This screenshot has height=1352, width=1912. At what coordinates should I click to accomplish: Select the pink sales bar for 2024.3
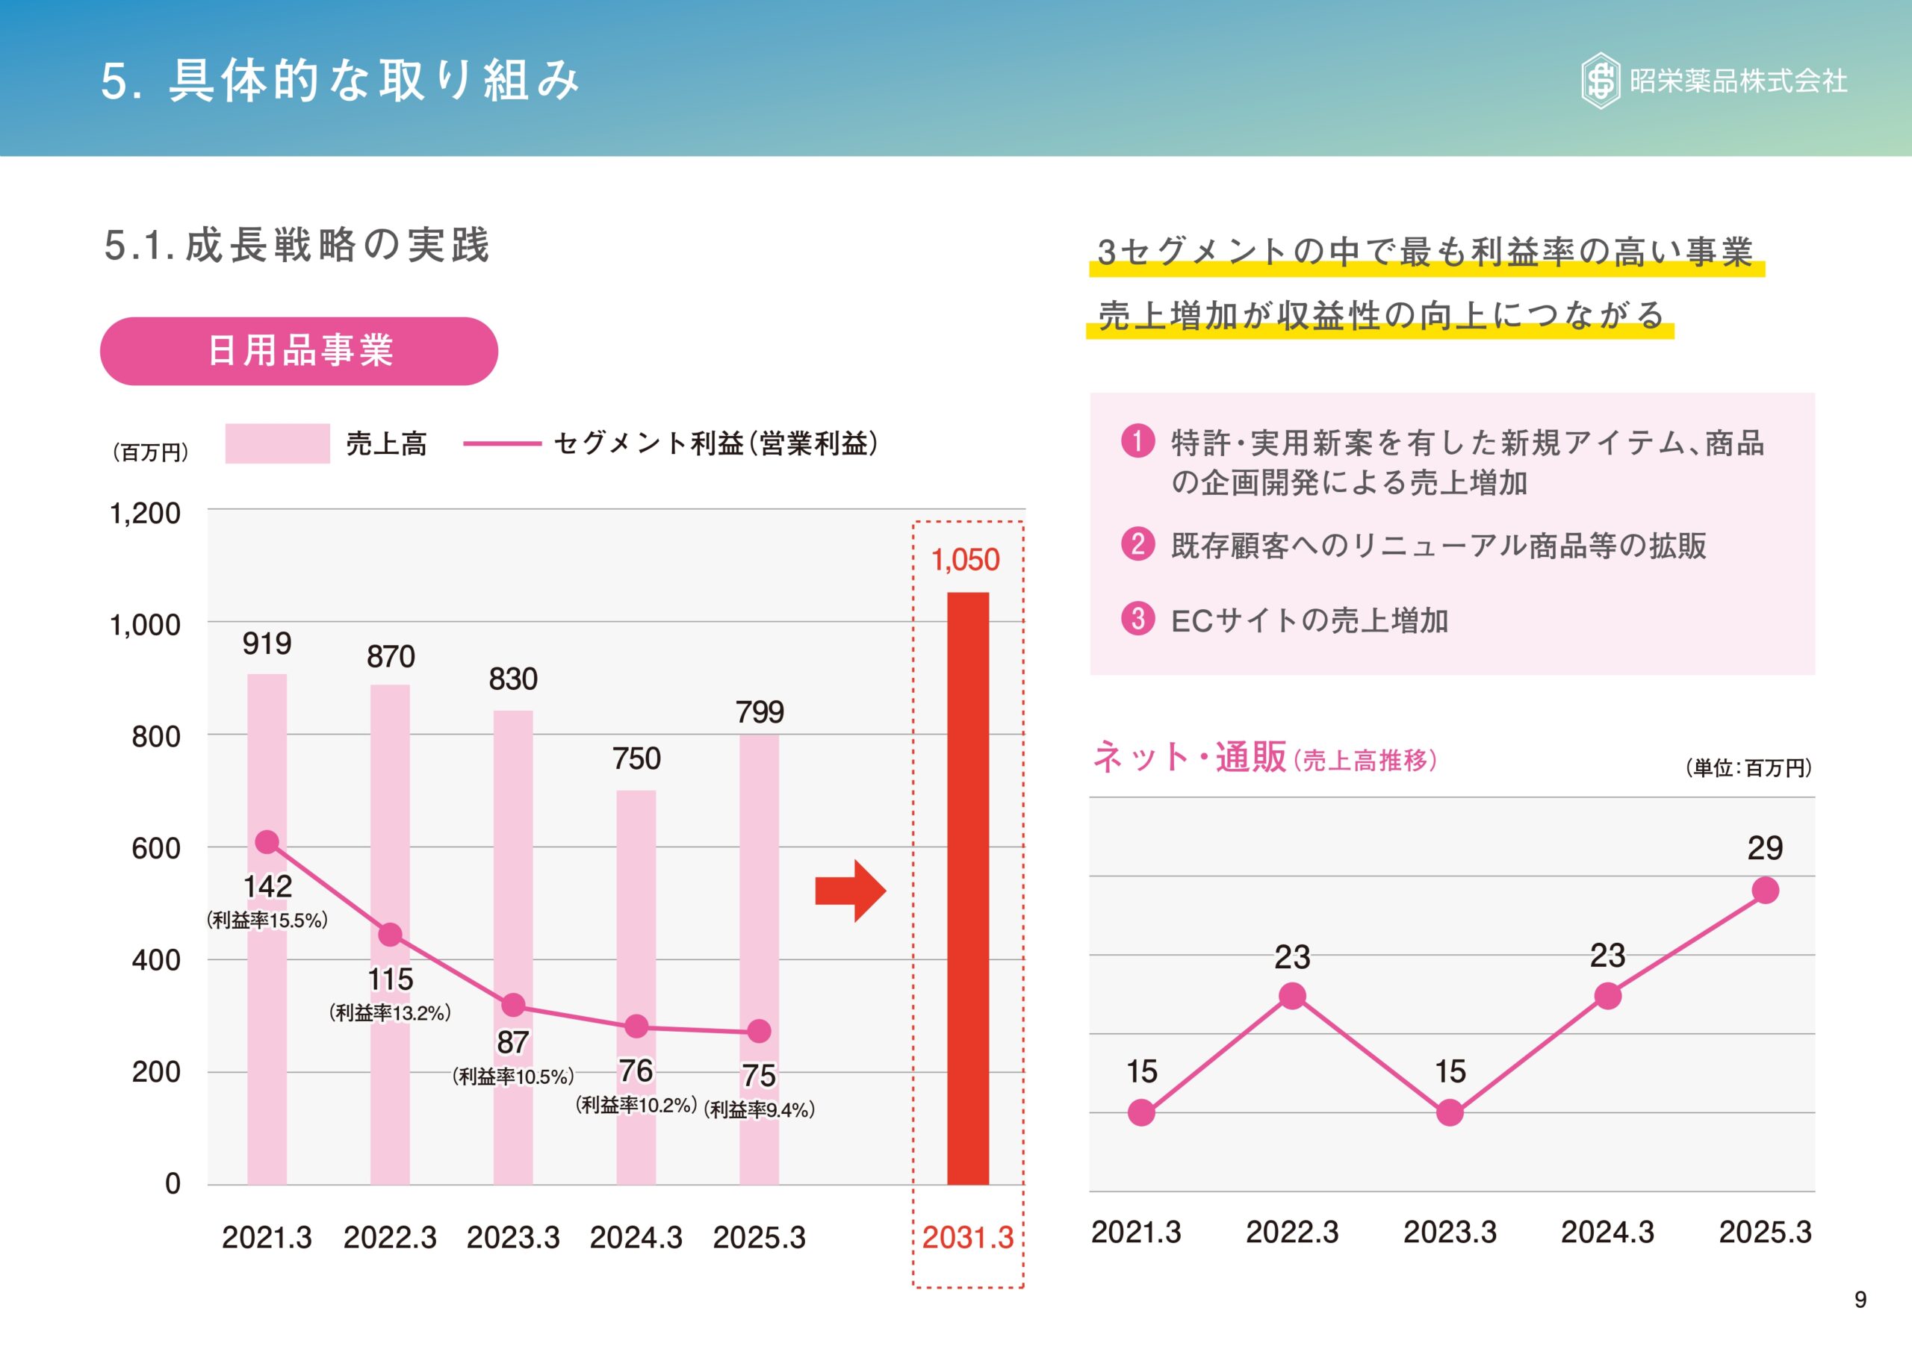click(x=636, y=986)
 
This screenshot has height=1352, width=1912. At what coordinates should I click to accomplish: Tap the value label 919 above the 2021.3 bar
click(x=267, y=644)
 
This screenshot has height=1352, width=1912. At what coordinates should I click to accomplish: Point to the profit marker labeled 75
click(x=759, y=1031)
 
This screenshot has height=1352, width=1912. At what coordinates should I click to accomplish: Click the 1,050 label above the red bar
click(x=965, y=559)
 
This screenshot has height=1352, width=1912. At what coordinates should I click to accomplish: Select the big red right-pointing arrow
click(x=849, y=891)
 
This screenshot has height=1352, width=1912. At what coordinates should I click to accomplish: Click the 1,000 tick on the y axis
click(x=145, y=624)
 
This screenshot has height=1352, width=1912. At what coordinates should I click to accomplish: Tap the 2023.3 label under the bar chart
click(x=513, y=1237)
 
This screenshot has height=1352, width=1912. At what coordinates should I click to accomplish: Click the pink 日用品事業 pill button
click(x=299, y=350)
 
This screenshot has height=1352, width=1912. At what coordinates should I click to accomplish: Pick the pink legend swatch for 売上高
click(x=277, y=443)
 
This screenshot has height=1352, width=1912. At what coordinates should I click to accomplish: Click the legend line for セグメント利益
click(x=502, y=443)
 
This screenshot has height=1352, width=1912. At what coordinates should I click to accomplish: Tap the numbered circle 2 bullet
click(x=1137, y=544)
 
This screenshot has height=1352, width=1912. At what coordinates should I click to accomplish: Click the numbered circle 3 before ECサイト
click(x=1137, y=619)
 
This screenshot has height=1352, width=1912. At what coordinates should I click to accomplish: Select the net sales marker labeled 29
click(x=1765, y=891)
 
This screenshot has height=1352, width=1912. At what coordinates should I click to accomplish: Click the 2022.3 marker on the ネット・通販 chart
click(x=1291, y=996)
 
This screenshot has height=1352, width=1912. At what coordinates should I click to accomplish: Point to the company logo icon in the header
click(x=1600, y=81)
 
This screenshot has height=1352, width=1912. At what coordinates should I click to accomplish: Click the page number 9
click(x=1860, y=1300)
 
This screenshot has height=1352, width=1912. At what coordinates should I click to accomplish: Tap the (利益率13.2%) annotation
click(x=390, y=1013)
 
